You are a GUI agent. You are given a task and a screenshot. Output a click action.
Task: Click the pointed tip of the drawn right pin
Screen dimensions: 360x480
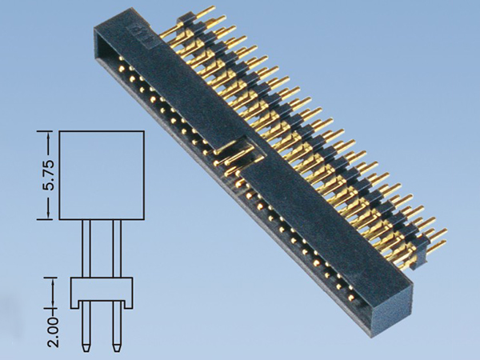(x=117, y=349)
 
